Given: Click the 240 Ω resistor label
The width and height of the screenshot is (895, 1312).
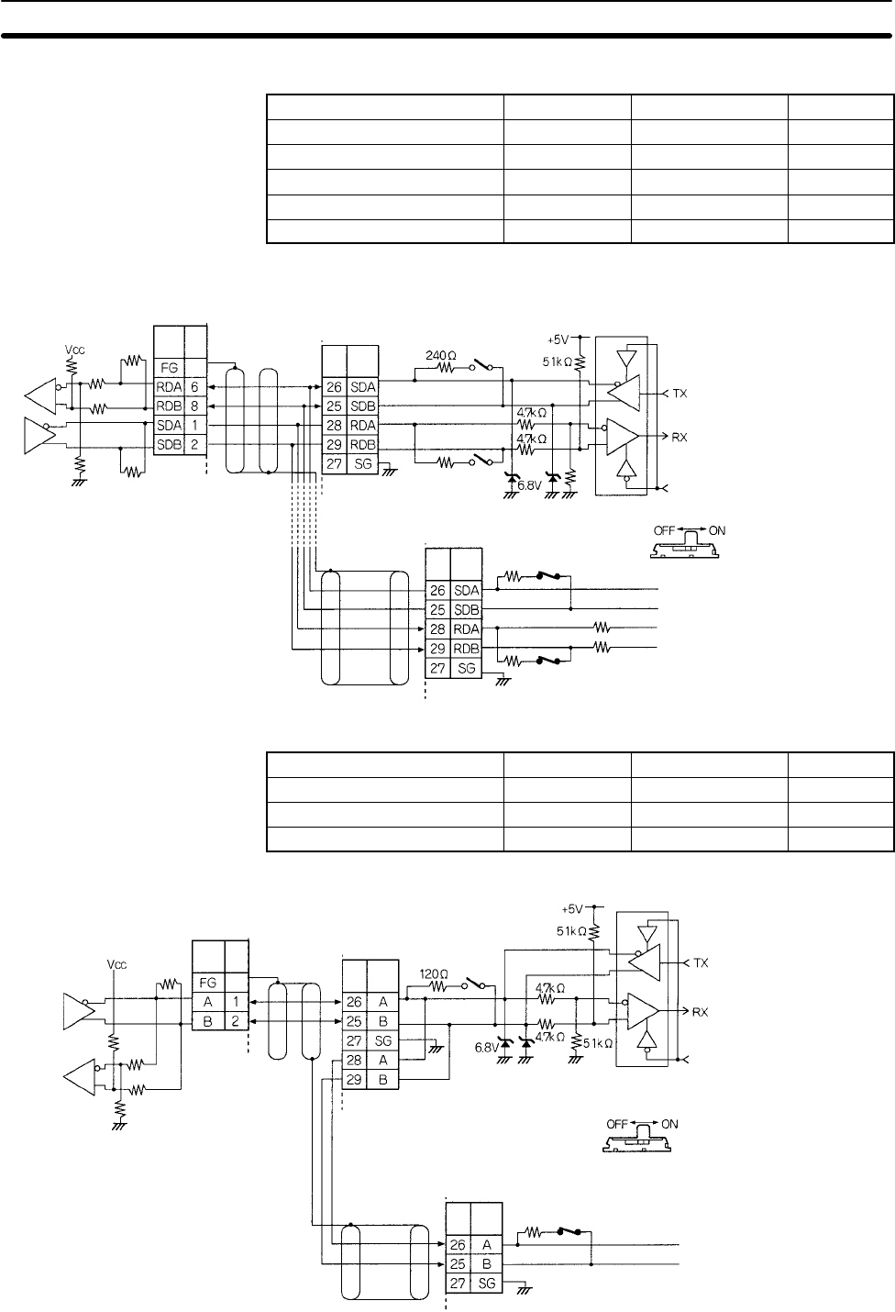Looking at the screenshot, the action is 444,353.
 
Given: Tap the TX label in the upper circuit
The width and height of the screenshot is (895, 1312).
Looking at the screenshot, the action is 680,393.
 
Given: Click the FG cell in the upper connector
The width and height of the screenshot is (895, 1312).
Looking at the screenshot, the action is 168,367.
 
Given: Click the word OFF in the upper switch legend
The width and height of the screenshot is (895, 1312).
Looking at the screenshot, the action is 665,530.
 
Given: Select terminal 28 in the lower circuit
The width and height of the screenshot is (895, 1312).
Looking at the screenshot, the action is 354,1061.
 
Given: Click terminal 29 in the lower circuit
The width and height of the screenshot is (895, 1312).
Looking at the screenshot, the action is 354,1080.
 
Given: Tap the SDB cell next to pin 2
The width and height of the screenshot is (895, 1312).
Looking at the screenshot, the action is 168,446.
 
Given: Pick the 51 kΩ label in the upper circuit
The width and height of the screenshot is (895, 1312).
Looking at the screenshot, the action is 555,362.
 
